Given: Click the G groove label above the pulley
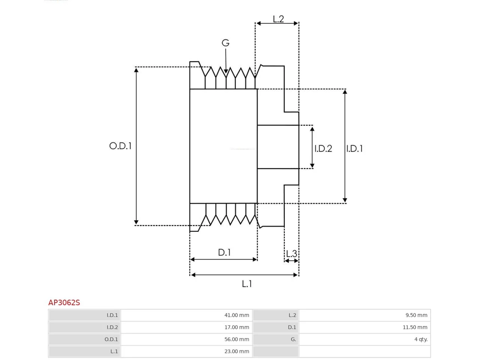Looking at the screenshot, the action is click(x=225, y=43).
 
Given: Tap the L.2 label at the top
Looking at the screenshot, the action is click(x=278, y=19).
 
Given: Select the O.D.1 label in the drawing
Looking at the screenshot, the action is click(x=120, y=146).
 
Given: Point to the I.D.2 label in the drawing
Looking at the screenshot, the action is click(x=323, y=148).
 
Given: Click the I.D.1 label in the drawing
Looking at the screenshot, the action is click(x=354, y=148).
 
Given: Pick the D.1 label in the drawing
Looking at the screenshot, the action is click(x=224, y=252).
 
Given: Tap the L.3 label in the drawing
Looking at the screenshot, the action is click(x=291, y=254).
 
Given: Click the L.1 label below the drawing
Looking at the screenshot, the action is click(x=247, y=284).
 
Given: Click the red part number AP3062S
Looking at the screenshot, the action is click(x=64, y=303).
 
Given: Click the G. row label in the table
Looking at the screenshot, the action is click(x=293, y=339).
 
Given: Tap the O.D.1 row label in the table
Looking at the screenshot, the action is click(x=111, y=339).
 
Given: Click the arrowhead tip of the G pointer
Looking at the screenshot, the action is click(x=226, y=73).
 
